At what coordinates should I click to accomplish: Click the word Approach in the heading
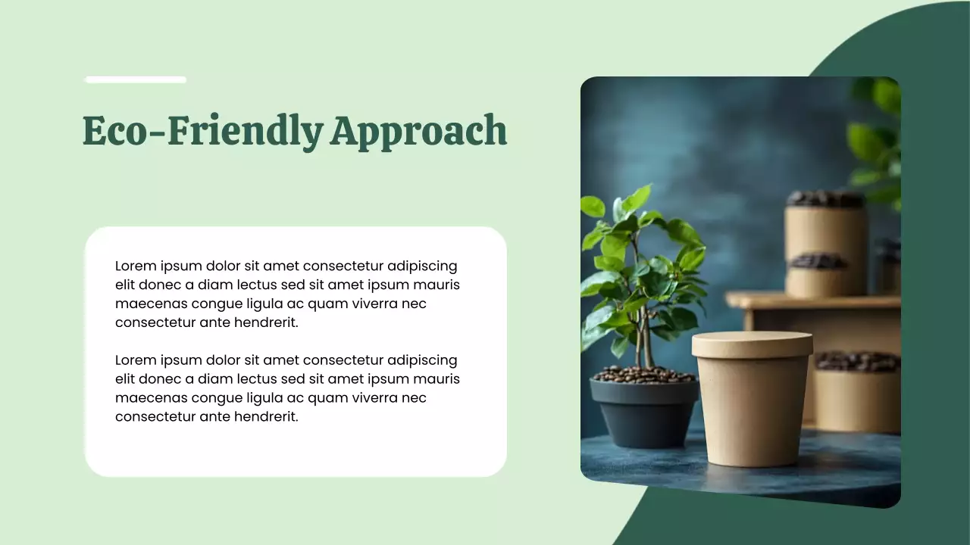tap(418, 132)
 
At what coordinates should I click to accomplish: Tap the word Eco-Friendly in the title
tap(202, 130)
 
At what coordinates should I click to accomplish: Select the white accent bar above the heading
tap(136, 79)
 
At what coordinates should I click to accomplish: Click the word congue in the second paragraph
tap(205, 397)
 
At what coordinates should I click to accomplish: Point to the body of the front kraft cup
tap(753, 413)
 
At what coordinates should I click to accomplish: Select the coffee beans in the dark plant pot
tap(643, 375)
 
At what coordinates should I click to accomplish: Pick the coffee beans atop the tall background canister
tap(825, 199)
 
